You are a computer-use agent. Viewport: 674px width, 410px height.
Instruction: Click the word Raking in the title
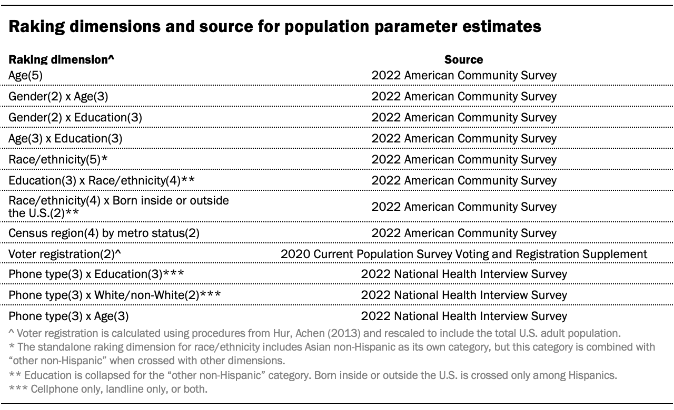36,27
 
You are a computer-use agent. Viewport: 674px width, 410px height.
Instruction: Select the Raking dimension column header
62,59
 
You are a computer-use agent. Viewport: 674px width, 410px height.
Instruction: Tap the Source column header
464,59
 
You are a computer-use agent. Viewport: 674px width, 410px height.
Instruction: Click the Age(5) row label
26,75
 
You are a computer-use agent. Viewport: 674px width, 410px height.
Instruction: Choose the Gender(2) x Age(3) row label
58,96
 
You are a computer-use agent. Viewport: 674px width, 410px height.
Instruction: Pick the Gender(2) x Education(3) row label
75,117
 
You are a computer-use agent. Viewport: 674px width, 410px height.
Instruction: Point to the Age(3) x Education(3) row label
65,138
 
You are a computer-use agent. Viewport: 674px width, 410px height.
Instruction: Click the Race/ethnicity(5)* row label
58,159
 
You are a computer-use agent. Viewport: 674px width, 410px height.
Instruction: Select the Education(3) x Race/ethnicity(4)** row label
102,180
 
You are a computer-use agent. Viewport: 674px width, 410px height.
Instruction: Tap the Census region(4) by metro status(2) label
104,233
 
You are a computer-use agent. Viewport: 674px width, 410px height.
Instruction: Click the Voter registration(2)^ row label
65,254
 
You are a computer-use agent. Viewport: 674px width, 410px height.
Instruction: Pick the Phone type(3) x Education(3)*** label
96,274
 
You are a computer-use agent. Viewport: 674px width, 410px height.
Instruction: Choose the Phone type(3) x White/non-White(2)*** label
114,295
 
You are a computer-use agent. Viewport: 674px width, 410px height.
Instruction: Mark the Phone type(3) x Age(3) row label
68,316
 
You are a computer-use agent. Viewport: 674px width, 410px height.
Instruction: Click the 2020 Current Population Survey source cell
464,254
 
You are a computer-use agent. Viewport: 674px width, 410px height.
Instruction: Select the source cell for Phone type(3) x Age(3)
464,316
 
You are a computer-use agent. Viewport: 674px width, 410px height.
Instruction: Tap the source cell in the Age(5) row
464,75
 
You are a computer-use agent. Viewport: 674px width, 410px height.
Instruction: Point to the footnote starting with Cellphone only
108,389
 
